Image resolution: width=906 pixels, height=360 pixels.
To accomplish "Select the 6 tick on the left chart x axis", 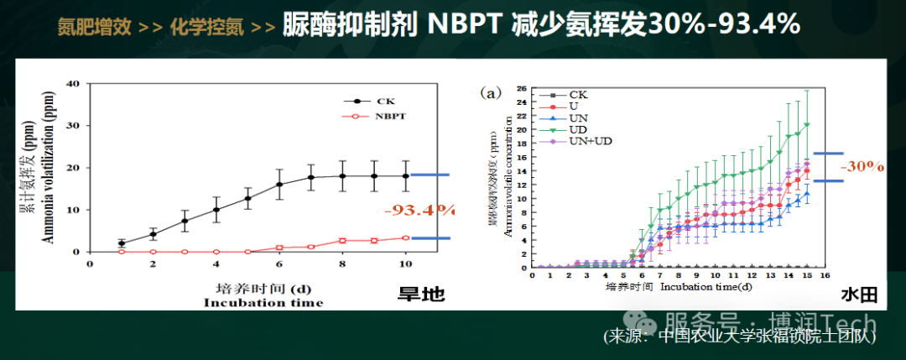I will click(x=279, y=263).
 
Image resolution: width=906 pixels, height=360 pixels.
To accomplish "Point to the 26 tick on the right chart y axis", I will click(x=521, y=89).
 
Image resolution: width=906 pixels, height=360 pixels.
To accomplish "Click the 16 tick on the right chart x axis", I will click(x=825, y=275).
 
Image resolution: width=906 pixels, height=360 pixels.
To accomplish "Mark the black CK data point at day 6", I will click(x=279, y=184).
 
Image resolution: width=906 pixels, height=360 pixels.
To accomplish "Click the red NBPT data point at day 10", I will click(x=406, y=238).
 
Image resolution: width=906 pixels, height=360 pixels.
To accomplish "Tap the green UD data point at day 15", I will click(x=807, y=125).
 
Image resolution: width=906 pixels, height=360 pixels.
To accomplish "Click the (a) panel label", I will click(x=490, y=94).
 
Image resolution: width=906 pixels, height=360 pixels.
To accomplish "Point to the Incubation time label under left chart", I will click(x=263, y=302).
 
